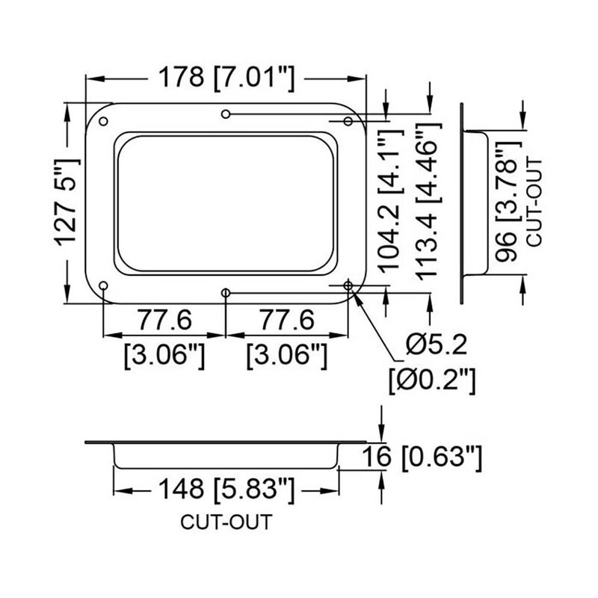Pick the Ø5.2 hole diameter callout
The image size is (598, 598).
pos(437,346)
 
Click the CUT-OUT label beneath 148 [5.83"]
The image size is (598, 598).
pos(226,521)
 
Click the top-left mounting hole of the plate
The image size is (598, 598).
pos(104,122)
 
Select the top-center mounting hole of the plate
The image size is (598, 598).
pos(226,114)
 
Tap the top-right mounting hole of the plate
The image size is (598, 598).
pos(348,121)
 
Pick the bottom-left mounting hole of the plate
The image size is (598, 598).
pos(104,286)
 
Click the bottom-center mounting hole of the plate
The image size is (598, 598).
pos(226,292)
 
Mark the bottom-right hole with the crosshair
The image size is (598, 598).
pos(348,286)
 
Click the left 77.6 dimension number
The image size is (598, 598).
pos(164,320)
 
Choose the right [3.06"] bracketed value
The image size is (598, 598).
pos(287,354)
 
